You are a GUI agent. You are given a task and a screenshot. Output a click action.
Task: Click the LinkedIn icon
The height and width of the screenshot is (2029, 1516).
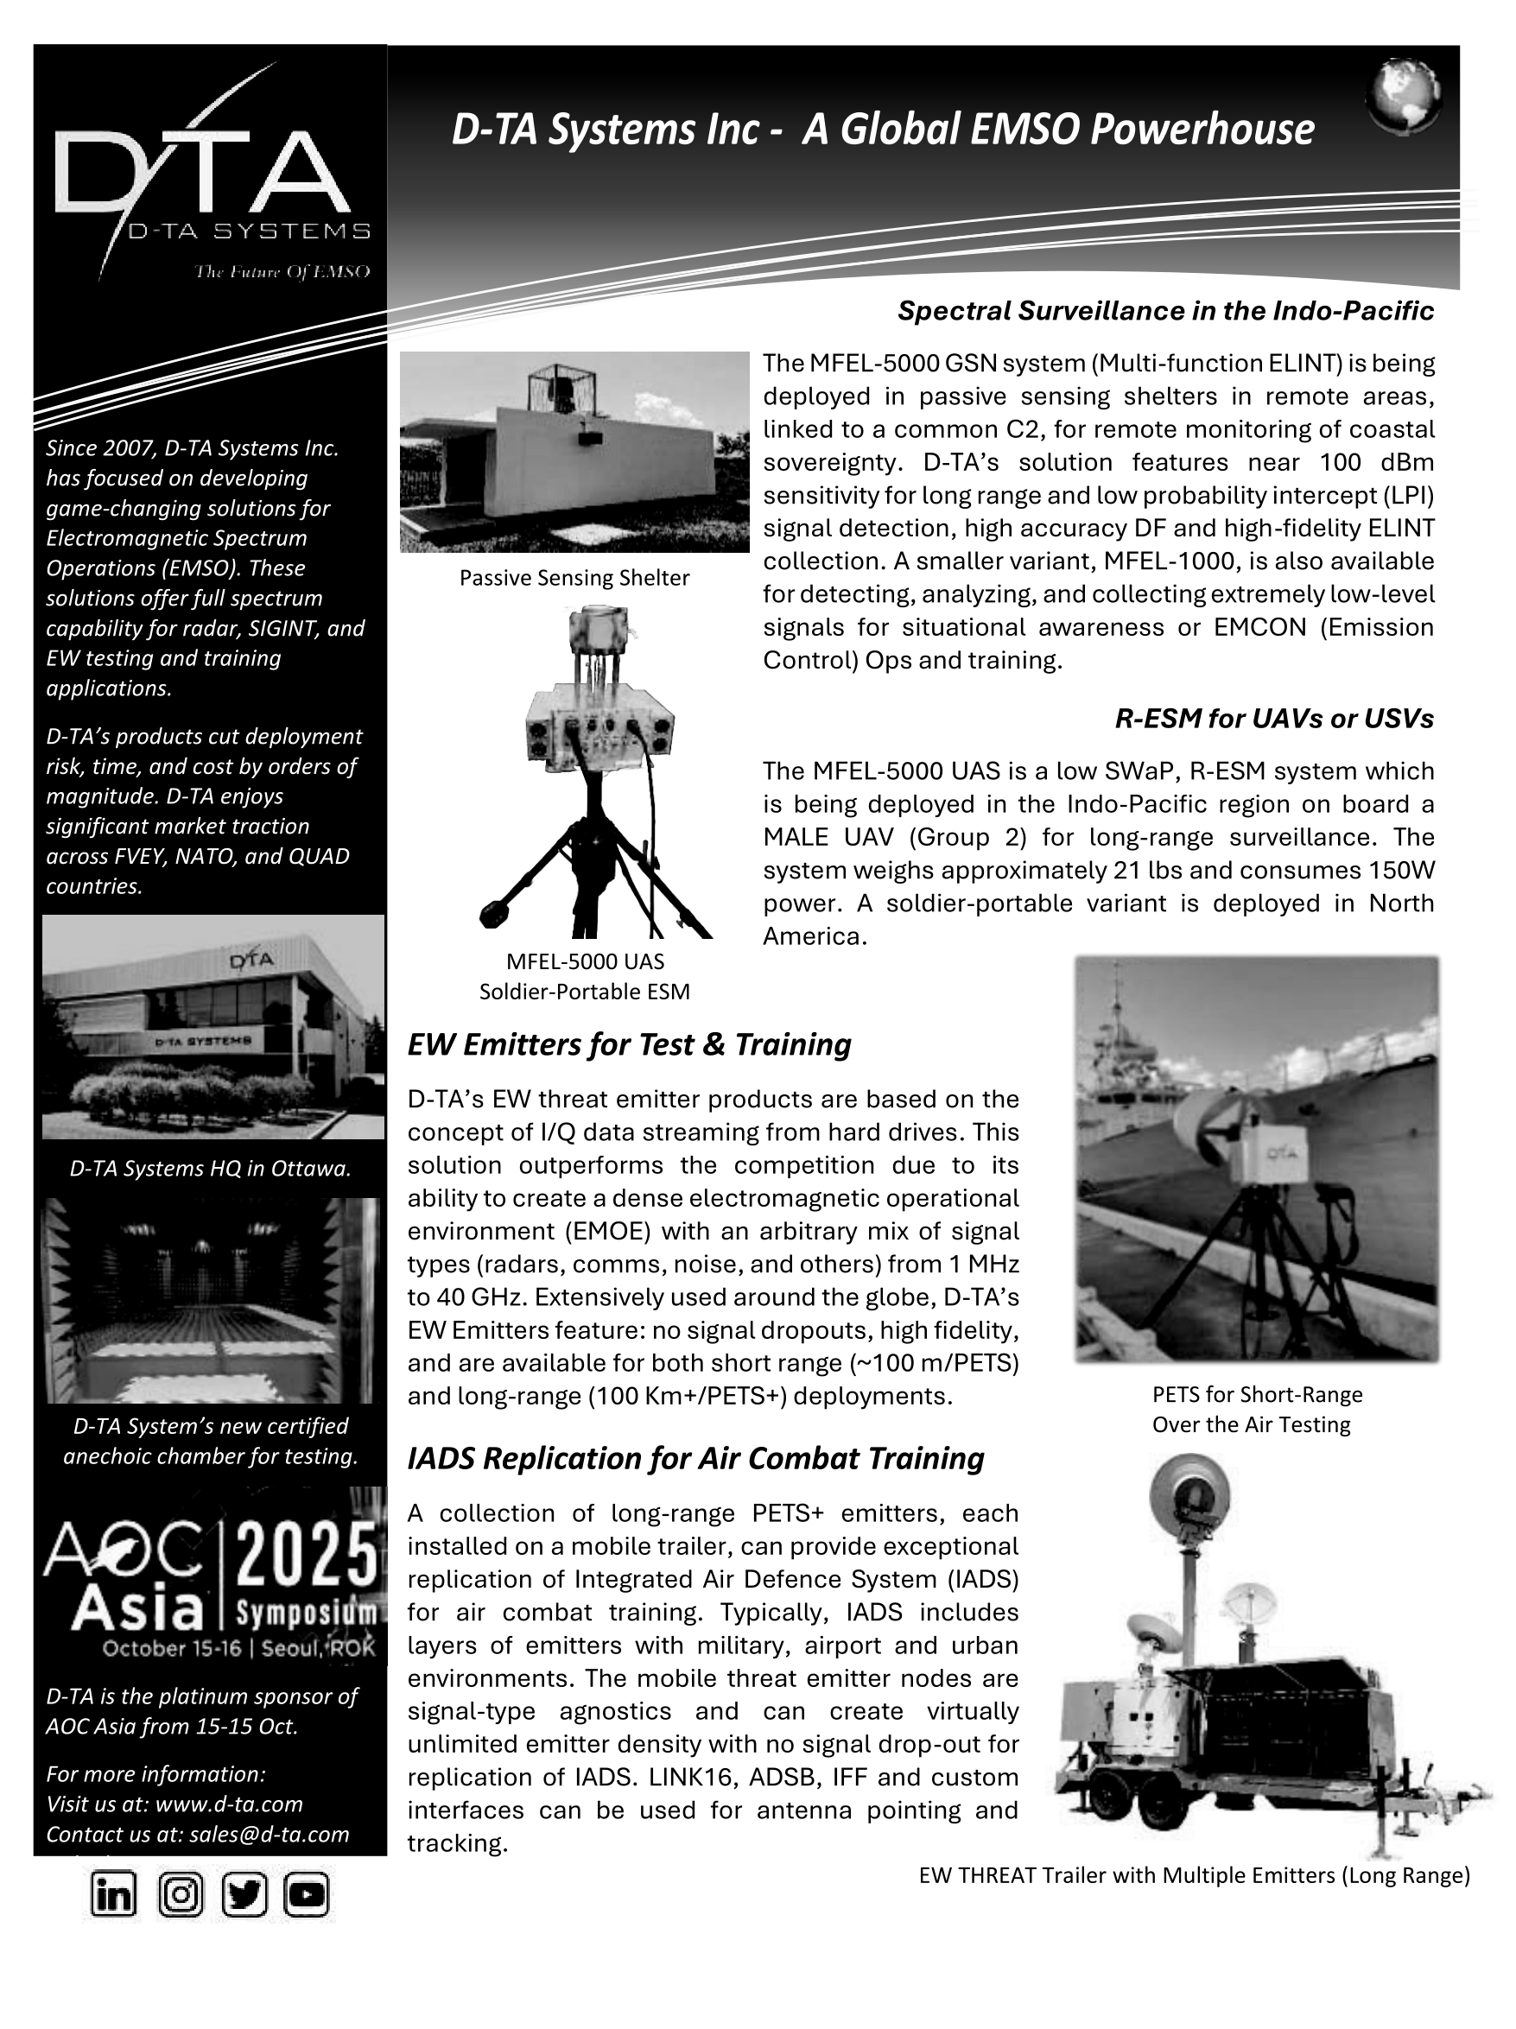[x=113, y=1894]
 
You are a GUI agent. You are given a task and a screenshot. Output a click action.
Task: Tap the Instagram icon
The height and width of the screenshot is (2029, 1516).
[x=181, y=1894]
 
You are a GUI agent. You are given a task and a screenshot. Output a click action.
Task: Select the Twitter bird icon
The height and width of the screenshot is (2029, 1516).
[x=244, y=1894]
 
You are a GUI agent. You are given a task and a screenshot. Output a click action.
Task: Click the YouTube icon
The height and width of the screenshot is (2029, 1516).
[x=307, y=1894]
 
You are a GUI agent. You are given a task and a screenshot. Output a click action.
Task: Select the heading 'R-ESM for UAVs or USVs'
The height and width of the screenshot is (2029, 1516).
[x=1274, y=718]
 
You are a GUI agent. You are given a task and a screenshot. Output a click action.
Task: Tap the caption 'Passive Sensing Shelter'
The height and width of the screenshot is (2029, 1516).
[x=574, y=578]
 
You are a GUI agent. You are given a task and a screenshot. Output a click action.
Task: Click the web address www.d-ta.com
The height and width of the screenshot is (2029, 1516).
[x=229, y=1804]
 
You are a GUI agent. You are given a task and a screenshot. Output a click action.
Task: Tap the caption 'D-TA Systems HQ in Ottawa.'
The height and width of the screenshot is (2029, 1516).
[x=211, y=1169]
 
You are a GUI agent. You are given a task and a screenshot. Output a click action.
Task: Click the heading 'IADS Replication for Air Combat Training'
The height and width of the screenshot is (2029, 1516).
[x=695, y=1457]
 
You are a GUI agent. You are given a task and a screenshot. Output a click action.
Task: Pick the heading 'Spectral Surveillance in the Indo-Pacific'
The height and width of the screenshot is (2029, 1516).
[x=1165, y=311]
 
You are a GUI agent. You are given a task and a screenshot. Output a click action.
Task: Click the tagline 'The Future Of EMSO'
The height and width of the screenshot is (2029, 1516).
[x=282, y=271]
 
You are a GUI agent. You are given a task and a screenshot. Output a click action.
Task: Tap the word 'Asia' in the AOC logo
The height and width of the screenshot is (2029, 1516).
[x=137, y=1608]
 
